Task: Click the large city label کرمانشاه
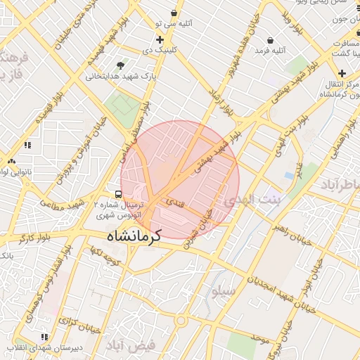[x=134, y=236]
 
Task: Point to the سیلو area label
[x=222, y=290]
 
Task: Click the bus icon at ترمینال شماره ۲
[x=118, y=194]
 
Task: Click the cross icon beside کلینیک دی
[x=160, y=39]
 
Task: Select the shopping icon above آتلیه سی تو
[x=174, y=13]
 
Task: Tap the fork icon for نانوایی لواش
[x=11, y=161]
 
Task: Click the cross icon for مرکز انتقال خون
[x=342, y=73]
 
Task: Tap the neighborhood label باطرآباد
[x=340, y=184]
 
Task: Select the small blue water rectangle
[x=289, y=174]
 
